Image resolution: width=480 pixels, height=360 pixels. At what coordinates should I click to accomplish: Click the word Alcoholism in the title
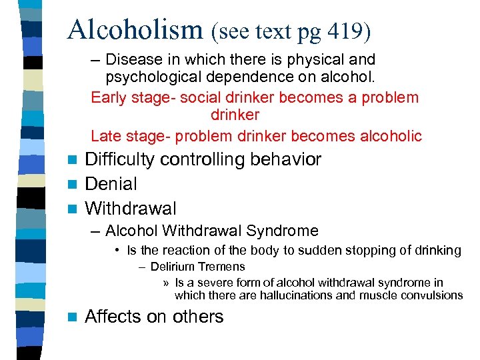click(x=135, y=29)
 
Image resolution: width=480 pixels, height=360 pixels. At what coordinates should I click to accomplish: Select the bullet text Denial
click(x=111, y=184)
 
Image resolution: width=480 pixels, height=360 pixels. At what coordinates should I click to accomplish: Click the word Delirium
click(x=172, y=267)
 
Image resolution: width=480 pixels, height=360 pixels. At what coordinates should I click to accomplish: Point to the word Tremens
click(x=221, y=267)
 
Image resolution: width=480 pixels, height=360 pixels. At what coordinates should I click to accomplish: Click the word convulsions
click(x=433, y=295)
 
